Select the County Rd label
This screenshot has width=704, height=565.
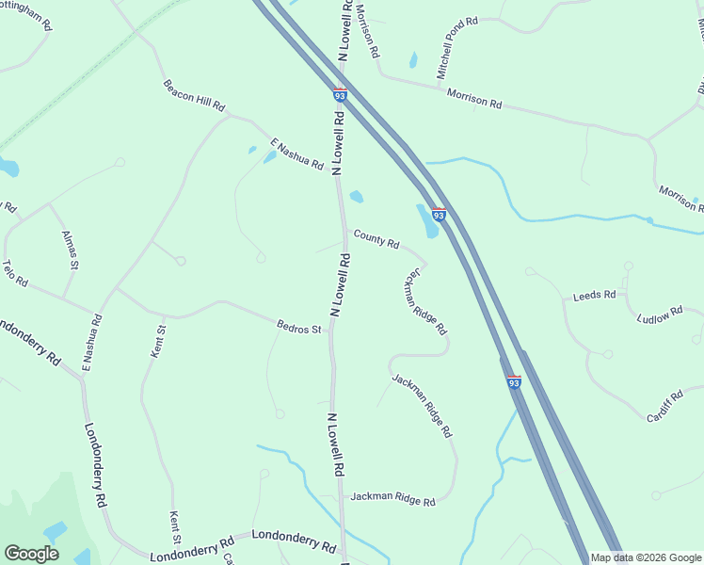[x=376, y=240]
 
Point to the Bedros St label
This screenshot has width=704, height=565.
[x=299, y=329]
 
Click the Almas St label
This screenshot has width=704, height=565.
[x=70, y=250]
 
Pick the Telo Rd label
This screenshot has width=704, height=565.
[x=16, y=274]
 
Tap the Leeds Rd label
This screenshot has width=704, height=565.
[x=594, y=296]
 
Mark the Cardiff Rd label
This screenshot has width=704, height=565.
[x=664, y=406]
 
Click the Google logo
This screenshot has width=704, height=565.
[x=31, y=553]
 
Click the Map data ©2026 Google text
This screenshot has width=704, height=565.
[x=647, y=557]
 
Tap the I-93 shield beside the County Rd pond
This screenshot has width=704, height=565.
[x=439, y=215]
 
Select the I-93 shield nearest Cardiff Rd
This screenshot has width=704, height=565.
[x=513, y=382]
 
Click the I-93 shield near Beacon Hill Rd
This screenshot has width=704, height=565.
[x=340, y=94]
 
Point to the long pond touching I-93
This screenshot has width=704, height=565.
[x=427, y=221]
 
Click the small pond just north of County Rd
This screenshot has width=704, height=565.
[x=357, y=197]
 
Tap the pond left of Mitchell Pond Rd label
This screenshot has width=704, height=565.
[x=413, y=60]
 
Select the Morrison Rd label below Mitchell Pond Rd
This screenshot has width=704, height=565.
[x=474, y=97]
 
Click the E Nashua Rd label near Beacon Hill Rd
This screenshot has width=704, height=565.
[x=296, y=154]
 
